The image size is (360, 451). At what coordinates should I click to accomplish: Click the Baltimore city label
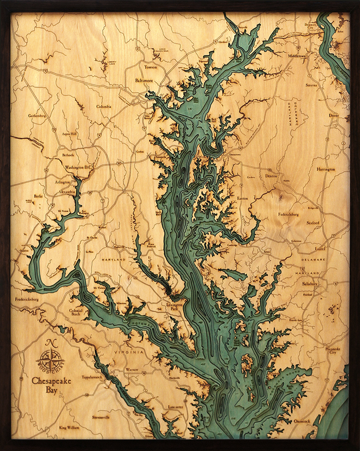click(144, 81)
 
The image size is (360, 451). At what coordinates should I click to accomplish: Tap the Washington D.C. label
click(77, 167)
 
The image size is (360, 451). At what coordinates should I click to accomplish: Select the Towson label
click(151, 67)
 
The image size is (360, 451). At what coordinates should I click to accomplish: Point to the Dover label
click(334, 115)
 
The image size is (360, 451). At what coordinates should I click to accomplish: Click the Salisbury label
click(310, 284)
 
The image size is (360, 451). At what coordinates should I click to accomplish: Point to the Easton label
click(242, 199)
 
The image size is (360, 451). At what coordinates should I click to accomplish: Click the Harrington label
click(326, 169)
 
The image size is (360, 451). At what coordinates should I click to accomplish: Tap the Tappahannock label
click(92, 377)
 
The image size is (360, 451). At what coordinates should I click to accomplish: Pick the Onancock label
click(302, 421)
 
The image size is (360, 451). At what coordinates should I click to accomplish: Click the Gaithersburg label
click(37, 116)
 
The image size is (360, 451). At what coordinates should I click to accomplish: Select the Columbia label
click(103, 106)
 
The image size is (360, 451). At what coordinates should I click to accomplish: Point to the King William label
click(69, 427)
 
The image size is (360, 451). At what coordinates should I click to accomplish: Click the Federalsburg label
click(288, 214)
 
